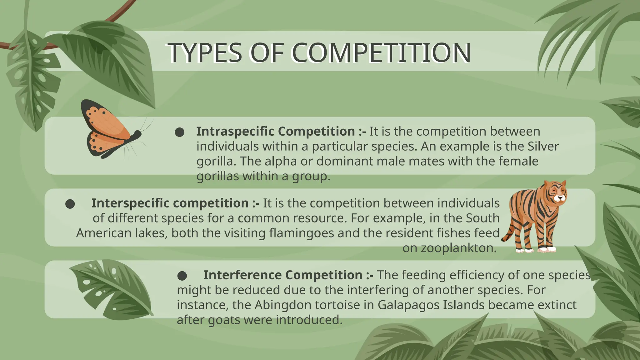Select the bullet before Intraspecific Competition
click(179, 132)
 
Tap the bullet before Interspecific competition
click(70, 204)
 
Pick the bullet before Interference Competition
click(182, 276)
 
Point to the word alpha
click(281, 162)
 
